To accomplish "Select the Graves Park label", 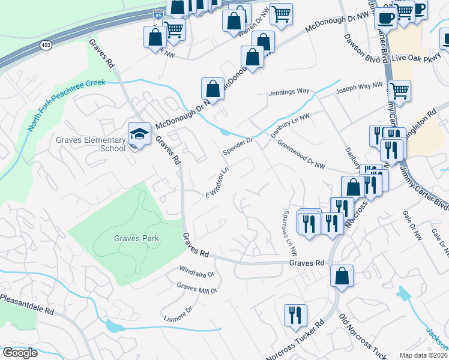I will point(137,238).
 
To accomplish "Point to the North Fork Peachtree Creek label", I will point(66,106).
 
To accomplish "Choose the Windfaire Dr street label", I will point(196,274).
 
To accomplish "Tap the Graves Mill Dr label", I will point(196,289).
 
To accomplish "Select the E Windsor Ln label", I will point(218,182).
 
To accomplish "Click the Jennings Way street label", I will point(289,92).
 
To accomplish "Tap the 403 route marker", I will point(46,45).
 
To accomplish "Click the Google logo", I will point(20,353).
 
